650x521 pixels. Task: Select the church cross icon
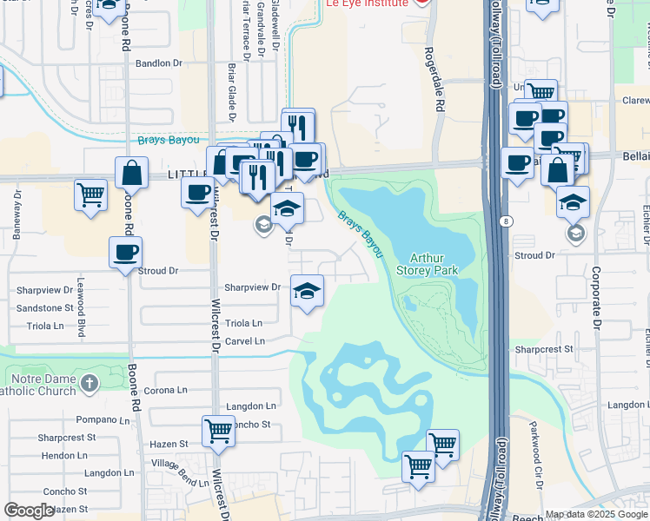pyautogui.click(x=90, y=383)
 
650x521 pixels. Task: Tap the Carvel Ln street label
pyautogui.click(x=245, y=341)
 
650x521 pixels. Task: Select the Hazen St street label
pyautogui.click(x=169, y=444)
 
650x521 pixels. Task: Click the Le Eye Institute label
pyautogui.click(x=367, y=4)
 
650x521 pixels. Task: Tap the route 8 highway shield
pyautogui.click(x=506, y=222)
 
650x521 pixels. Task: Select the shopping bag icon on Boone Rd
pyautogui.click(x=131, y=174)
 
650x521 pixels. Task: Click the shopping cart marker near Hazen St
pyautogui.click(x=217, y=431)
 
